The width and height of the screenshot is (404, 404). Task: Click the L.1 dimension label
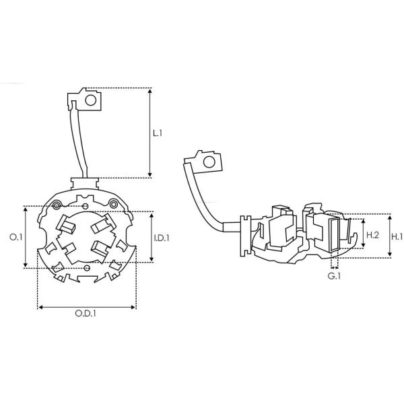point(158,133)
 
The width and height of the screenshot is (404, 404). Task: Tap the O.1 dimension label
point(16,237)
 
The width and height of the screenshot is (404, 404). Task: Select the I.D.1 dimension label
point(162,238)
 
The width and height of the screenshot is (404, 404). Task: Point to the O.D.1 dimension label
point(86,314)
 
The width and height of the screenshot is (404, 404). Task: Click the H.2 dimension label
point(372,235)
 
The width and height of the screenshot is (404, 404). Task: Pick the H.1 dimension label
point(397,237)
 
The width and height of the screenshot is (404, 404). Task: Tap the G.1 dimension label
point(334,276)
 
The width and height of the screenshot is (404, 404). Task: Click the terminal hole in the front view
point(91,100)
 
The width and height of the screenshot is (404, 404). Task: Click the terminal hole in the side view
point(209,162)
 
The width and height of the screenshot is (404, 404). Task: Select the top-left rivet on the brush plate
point(57,205)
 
